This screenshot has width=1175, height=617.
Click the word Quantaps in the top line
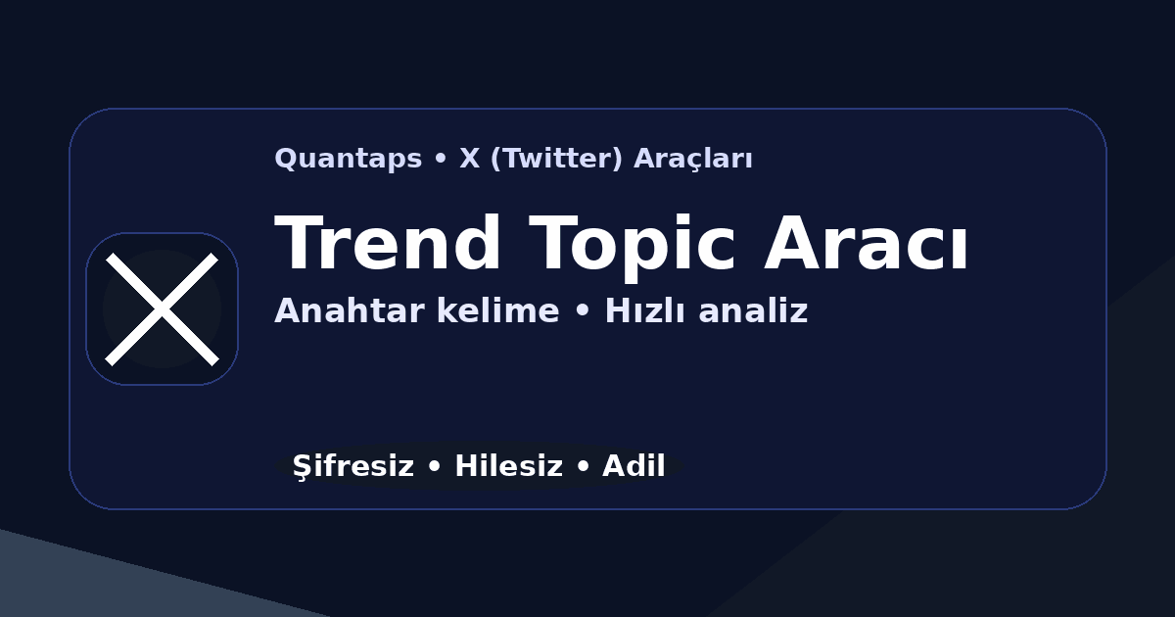(x=348, y=159)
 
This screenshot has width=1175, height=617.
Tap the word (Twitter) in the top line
(x=555, y=159)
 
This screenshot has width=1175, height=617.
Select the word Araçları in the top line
(x=693, y=159)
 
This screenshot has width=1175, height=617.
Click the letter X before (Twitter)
(x=470, y=159)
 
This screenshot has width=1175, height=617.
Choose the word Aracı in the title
(x=867, y=245)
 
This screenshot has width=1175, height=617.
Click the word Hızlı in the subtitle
(x=643, y=311)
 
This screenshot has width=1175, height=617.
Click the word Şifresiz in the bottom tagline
(x=352, y=467)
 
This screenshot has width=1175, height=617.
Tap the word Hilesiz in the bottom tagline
(x=509, y=467)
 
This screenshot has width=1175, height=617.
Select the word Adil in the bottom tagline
(x=634, y=467)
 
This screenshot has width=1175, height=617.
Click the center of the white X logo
(x=162, y=308)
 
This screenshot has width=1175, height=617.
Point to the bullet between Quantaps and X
(x=441, y=160)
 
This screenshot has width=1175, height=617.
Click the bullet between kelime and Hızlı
(x=582, y=312)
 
